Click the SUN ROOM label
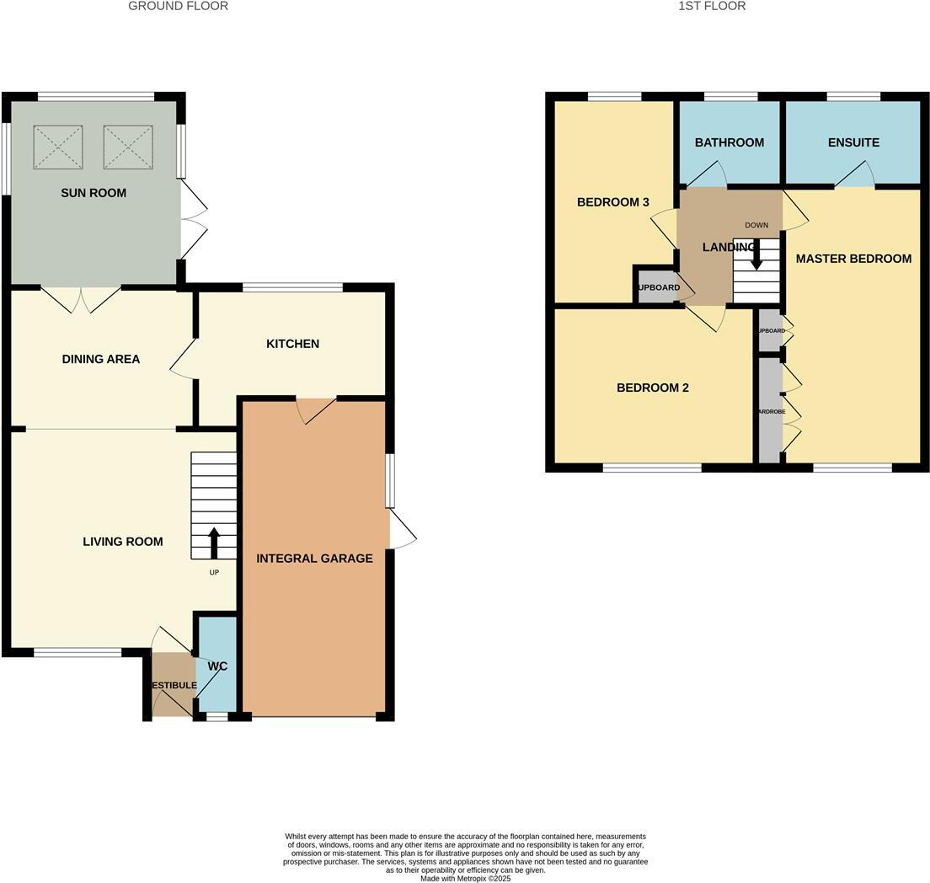[94, 193]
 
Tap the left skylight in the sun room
[58, 147]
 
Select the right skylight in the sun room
[128, 147]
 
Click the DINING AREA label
[101, 359]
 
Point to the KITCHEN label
[292, 344]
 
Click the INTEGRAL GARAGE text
[314, 558]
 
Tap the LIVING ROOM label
[123, 542]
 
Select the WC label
[217, 666]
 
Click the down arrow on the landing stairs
[756, 254]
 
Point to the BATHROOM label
[730, 142]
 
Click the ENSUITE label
[853, 142]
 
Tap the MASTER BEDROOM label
[853, 259]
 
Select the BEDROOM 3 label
[613, 202]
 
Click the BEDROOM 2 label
[653, 388]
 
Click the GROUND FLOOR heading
[178, 6]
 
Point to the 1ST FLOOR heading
[712, 6]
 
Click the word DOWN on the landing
[756, 225]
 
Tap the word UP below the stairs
[214, 572]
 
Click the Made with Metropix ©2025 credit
[466, 878]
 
